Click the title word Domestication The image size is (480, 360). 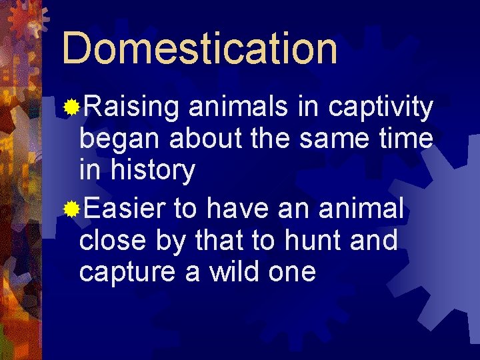click(x=199, y=49)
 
